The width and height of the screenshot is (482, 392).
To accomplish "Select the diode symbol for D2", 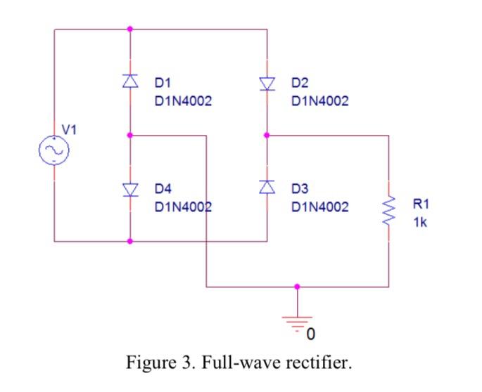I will coord(267,84).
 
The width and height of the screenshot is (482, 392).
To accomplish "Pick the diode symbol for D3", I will coord(267,187).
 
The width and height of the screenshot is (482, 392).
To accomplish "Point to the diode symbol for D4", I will coord(129,188).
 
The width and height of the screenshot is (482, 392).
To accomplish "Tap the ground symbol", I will coord(297,320).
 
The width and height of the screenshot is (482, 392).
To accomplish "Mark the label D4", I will coord(163,189).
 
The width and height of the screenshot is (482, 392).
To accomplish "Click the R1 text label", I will coord(420,204).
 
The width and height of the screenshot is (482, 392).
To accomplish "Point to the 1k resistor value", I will coord(419,222).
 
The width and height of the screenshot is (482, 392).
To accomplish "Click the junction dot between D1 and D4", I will coord(129,135).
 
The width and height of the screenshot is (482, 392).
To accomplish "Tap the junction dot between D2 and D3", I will coord(267,135).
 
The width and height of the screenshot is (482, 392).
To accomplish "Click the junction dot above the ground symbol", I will coord(297,287).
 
